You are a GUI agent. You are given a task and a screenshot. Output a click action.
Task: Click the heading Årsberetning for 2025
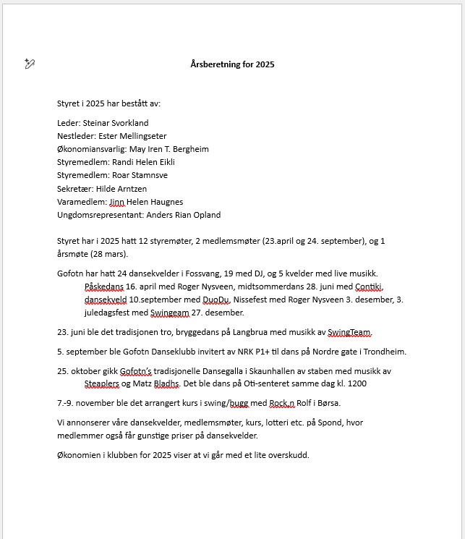pyautogui.click(x=232, y=64)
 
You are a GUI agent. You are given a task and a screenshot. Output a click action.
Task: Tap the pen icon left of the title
pyautogui.click(x=30, y=64)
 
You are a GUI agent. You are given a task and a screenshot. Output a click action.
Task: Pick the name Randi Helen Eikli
pyautogui.click(x=144, y=162)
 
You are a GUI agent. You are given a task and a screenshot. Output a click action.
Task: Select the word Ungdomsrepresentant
pyautogui.click(x=100, y=215)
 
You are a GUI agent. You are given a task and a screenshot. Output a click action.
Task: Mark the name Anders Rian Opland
pyautogui.click(x=184, y=215)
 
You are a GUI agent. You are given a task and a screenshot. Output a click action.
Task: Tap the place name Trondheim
pyautogui.click(x=385, y=352)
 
